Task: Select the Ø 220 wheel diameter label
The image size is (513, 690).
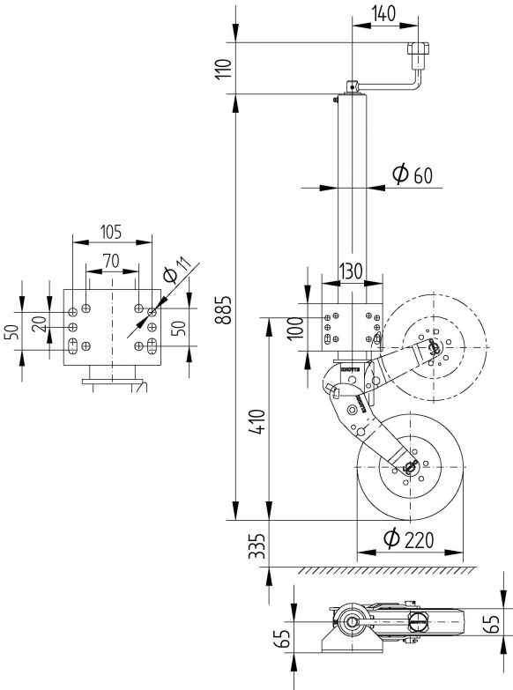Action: pyautogui.click(x=410, y=540)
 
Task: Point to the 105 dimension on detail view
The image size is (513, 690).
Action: pyautogui.click(x=111, y=233)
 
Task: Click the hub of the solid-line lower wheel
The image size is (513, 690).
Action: pyautogui.click(x=409, y=470)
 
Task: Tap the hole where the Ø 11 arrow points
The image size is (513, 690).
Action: pyautogui.click(x=151, y=311)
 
